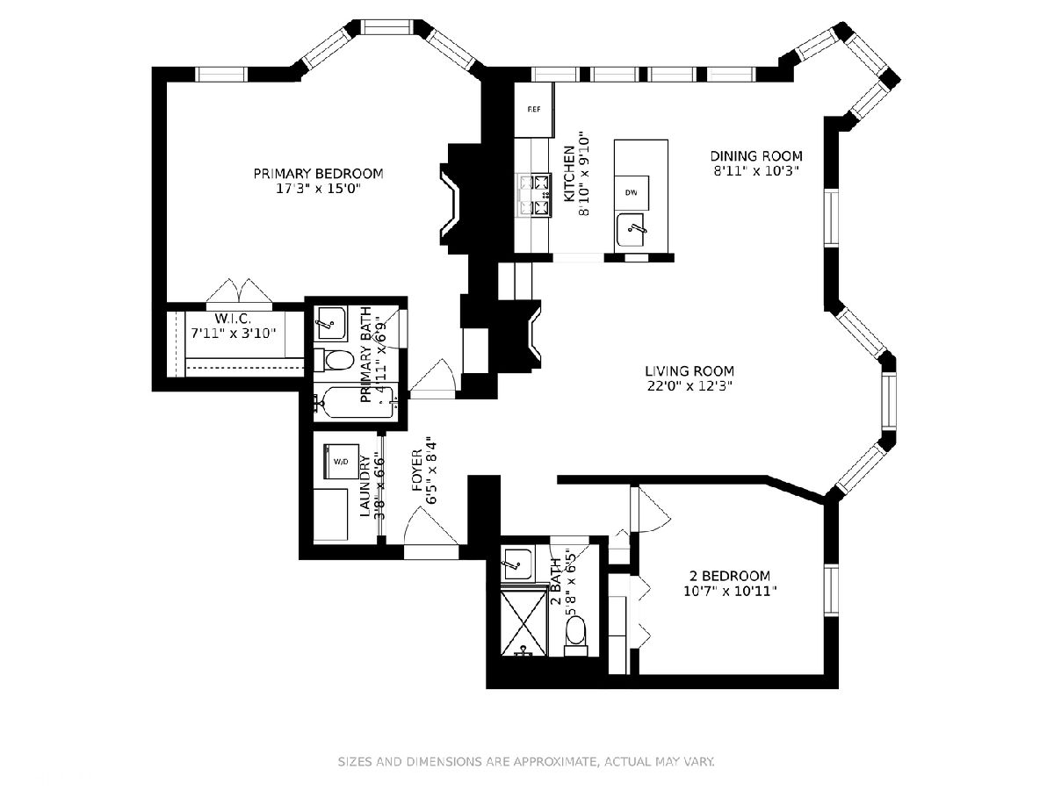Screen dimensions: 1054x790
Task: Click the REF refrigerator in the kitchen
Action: click(534, 110)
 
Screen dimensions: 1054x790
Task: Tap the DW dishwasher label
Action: click(631, 193)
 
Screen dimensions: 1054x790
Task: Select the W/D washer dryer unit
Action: click(342, 461)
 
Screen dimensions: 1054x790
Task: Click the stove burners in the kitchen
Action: click(533, 196)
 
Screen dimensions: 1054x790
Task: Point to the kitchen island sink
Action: click(632, 230)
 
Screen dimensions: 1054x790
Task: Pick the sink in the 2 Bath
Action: click(516, 564)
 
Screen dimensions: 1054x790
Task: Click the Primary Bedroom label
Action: click(318, 173)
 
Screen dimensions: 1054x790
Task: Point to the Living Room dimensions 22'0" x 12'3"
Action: click(689, 385)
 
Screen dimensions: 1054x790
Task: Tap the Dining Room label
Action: click(756, 156)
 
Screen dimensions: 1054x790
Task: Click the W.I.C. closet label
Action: click(233, 318)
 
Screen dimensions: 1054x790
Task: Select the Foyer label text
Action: click(417, 470)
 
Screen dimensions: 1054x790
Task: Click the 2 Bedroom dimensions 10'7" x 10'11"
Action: click(730, 592)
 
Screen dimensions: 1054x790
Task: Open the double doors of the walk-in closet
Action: click(239, 291)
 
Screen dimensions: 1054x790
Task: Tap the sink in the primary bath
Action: click(330, 324)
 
